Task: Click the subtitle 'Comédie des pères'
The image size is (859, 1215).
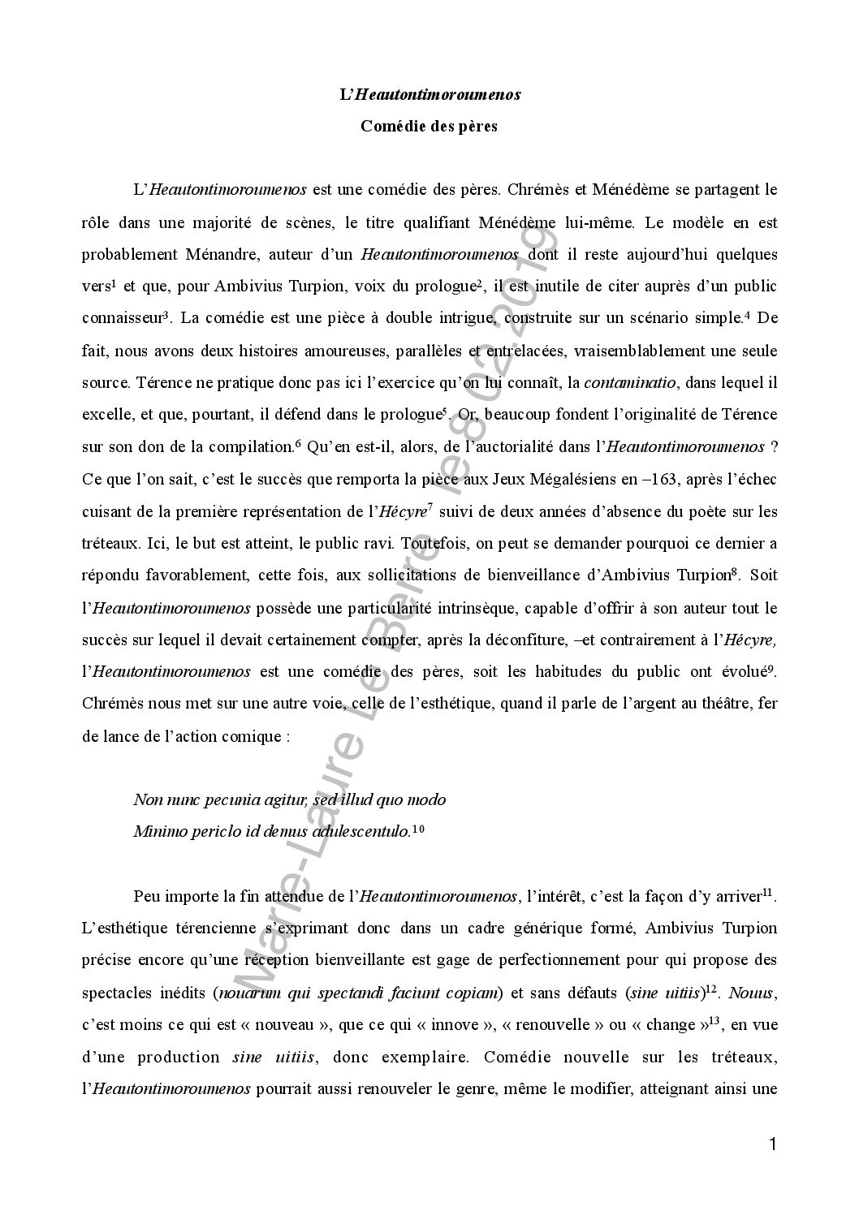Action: click(429, 127)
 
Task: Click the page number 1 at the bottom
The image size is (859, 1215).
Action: click(772, 1191)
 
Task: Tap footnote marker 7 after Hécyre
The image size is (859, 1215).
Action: click(430, 508)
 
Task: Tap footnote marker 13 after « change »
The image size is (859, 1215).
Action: click(715, 1022)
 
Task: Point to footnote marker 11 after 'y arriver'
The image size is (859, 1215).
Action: click(771, 894)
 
